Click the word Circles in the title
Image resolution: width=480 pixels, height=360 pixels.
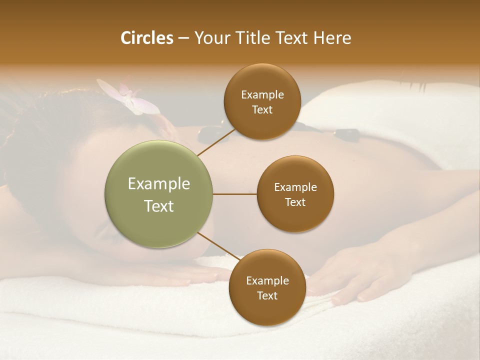click(x=146, y=38)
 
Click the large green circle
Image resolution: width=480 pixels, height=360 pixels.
click(x=158, y=194)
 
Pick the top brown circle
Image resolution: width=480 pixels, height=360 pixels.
click(x=262, y=101)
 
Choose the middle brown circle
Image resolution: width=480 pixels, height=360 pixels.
click(x=295, y=194)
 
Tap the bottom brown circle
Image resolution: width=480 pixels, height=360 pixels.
click(x=267, y=288)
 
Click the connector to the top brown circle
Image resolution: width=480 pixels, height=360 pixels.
click(x=215, y=141)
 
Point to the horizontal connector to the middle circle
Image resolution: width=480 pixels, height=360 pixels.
click(x=235, y=194)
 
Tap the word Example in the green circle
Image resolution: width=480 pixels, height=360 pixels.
click(x=158, y=184)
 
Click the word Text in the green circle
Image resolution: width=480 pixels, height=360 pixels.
click(x=158, y=206)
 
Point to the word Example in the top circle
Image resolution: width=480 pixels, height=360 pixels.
click(x=262, y=95)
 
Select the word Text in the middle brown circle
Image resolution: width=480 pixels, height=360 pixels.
click(x=295, y=202)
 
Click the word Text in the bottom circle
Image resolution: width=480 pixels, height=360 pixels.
click(x=267, y=295)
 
